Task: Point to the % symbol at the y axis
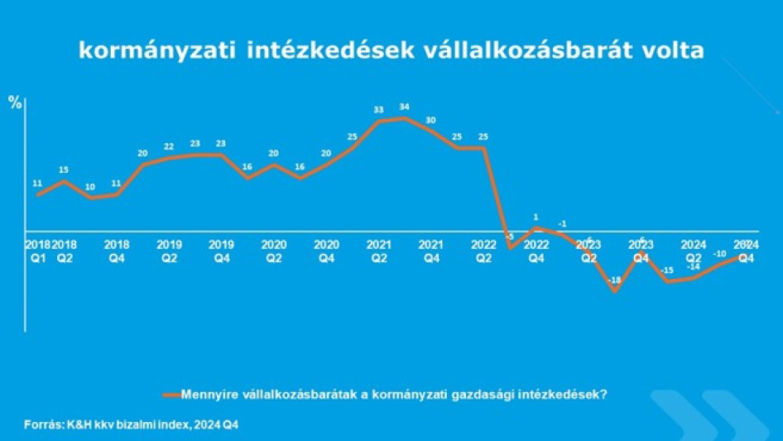(x=15, y=102)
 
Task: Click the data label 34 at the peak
(x=405, y=107)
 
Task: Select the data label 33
(x=378, y=109)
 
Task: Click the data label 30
(x=430, y=120)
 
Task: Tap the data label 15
(x=64, y=170)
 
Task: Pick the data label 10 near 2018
(x=90, y=186)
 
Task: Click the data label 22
(x=169, y=146)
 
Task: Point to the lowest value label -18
(x=614, y=281)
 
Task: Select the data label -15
(x=667, y=271)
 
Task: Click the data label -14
(x=693, y=266)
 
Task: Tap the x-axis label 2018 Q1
(x=37, y=251)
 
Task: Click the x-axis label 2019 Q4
(x=221, y=251)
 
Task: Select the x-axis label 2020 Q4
(x=326, y=251)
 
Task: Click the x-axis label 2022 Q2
(x=483, y=251)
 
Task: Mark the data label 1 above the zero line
(x=536, y=218)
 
